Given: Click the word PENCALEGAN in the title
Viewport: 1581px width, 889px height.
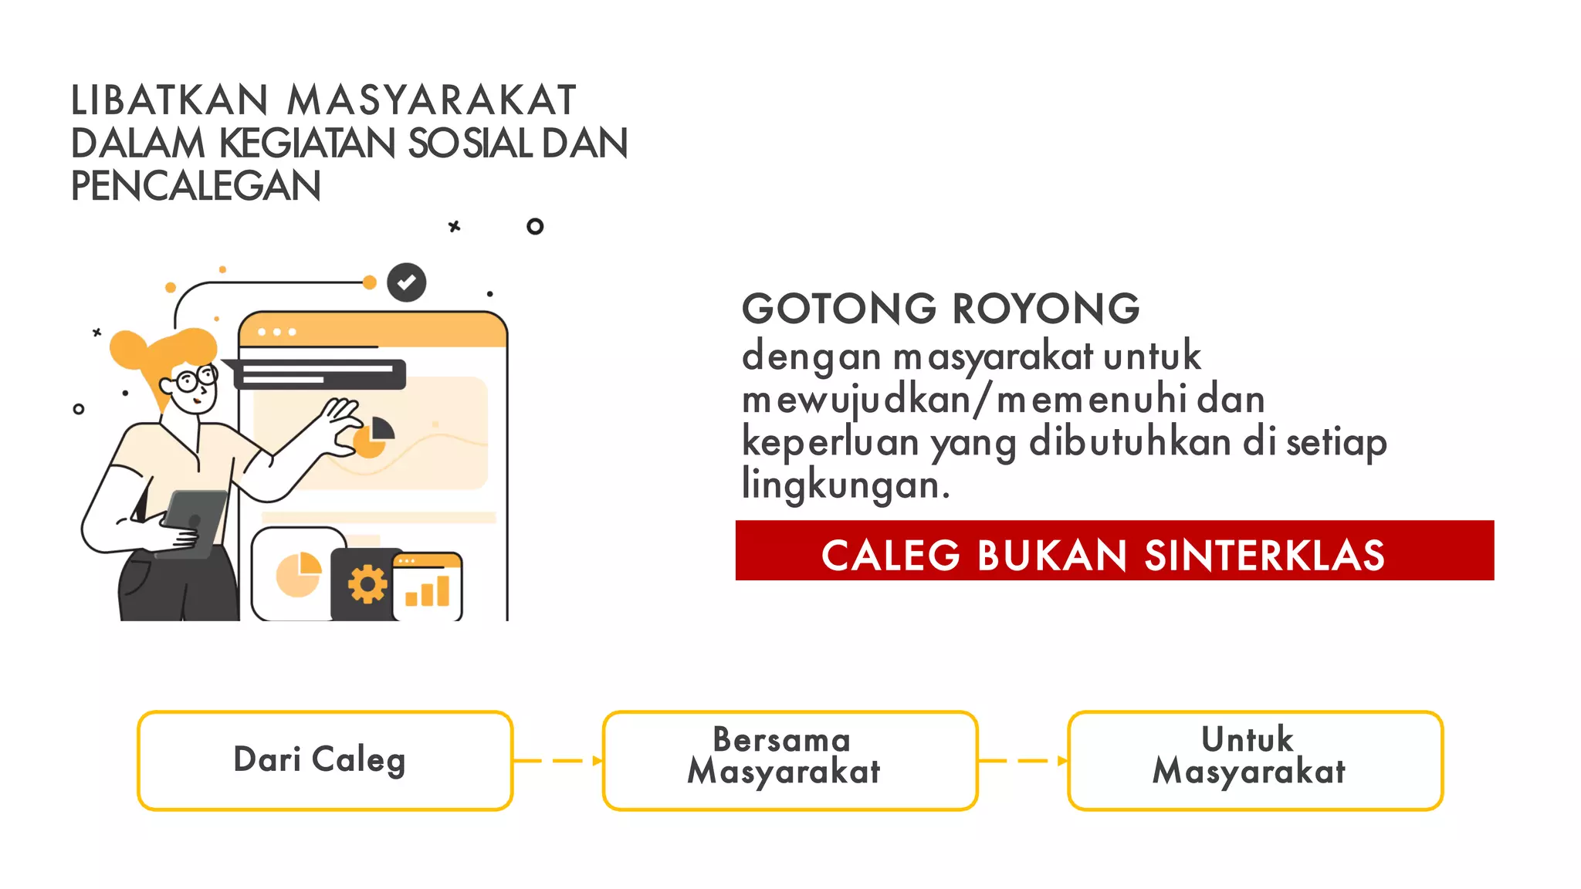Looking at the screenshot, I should (195, 186).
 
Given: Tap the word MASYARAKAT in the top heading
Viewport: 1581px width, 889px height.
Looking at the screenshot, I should (432, 100).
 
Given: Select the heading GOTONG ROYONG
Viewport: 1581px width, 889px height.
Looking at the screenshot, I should (940, 309).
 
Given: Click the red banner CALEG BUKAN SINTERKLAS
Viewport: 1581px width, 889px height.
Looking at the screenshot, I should (1114, 550).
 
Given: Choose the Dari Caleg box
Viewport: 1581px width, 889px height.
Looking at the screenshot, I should (325, 760).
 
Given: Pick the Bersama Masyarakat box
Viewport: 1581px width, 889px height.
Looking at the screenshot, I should (790, 760).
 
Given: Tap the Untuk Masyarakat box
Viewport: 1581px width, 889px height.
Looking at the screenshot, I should (1255, 760).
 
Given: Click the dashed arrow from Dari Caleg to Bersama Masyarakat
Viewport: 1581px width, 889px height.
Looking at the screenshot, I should (557, 761).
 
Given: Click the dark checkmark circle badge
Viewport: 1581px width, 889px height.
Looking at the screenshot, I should (407, 282).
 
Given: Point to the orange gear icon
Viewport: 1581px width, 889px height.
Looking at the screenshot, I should (367, 584).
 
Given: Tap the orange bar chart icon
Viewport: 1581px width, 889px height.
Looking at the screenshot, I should (428, 591).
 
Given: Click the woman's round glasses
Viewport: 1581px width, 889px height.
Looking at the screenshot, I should (196, 379).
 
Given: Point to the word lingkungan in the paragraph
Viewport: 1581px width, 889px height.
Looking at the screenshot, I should (845, 485).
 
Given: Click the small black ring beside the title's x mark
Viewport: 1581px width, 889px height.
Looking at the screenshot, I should (535, 226).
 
